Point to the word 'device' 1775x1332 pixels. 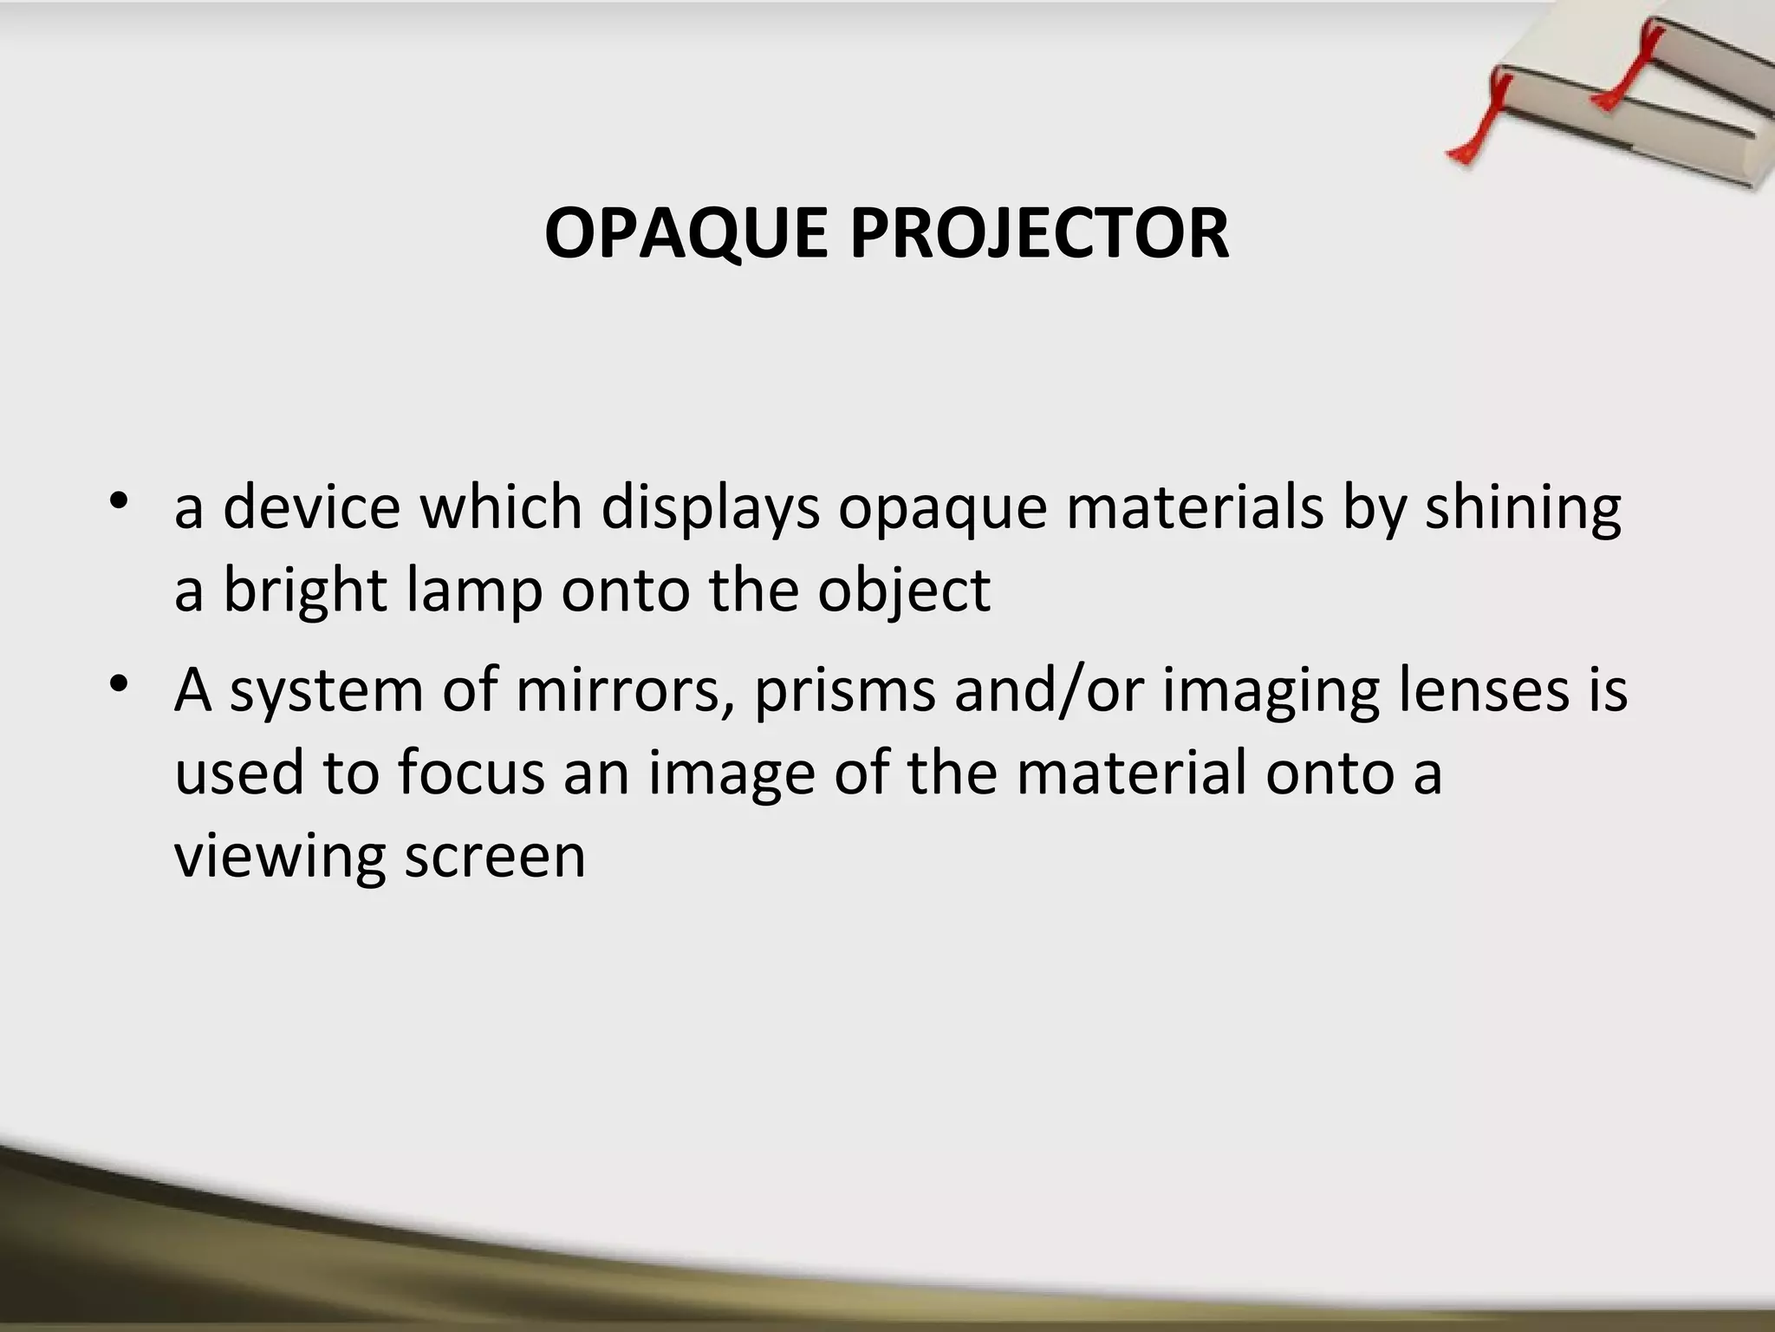pyautogui.click(x=312, y=507)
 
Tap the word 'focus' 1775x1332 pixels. pyautogui.click(x=471, y=772)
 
